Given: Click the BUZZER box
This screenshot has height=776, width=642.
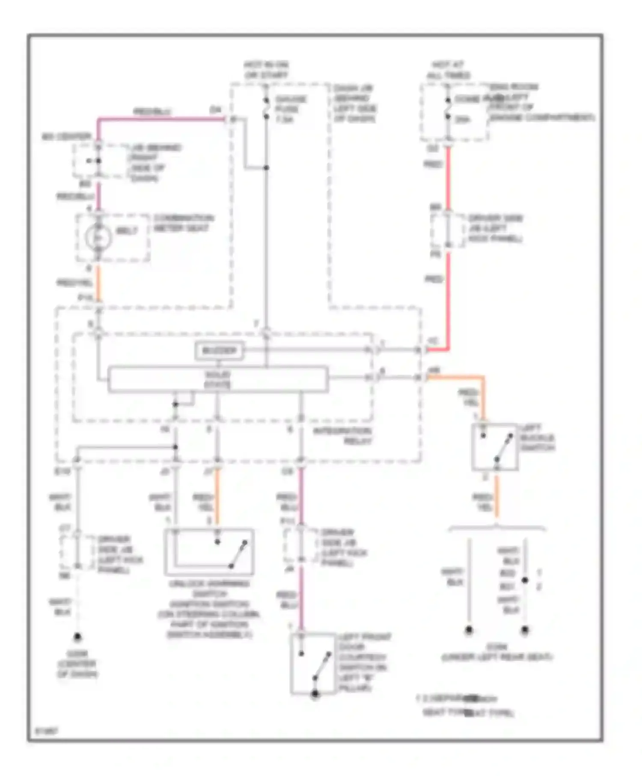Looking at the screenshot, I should click(219, 351).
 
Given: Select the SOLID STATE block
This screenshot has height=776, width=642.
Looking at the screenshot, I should click(217, 379).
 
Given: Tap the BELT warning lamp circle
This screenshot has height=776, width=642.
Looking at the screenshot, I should click(98, 237).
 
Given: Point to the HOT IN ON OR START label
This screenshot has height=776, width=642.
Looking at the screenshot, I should click(266, 70).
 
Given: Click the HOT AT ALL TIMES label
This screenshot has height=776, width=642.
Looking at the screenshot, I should click(448, 70).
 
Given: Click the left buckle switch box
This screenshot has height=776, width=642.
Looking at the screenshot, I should click(495, 447).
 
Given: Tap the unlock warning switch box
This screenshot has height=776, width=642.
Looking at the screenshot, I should click(209, 552).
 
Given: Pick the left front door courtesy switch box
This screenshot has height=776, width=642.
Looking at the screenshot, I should click(313, 663).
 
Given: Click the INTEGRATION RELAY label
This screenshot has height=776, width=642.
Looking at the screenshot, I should click(343, 436).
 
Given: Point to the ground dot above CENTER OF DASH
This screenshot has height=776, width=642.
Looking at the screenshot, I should click(77, 637).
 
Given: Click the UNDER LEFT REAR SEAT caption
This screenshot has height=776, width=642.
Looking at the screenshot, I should click(496, 657).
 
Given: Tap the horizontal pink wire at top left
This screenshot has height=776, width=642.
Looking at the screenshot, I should click(163, 119).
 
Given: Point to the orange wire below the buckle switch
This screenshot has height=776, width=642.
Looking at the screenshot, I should click(496, 496).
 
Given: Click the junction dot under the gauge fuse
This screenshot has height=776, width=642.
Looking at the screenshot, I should click(266, 168).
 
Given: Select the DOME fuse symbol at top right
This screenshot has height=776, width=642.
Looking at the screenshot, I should click(448, 109).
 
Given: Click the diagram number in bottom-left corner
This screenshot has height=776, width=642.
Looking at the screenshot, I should click(46, 731).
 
